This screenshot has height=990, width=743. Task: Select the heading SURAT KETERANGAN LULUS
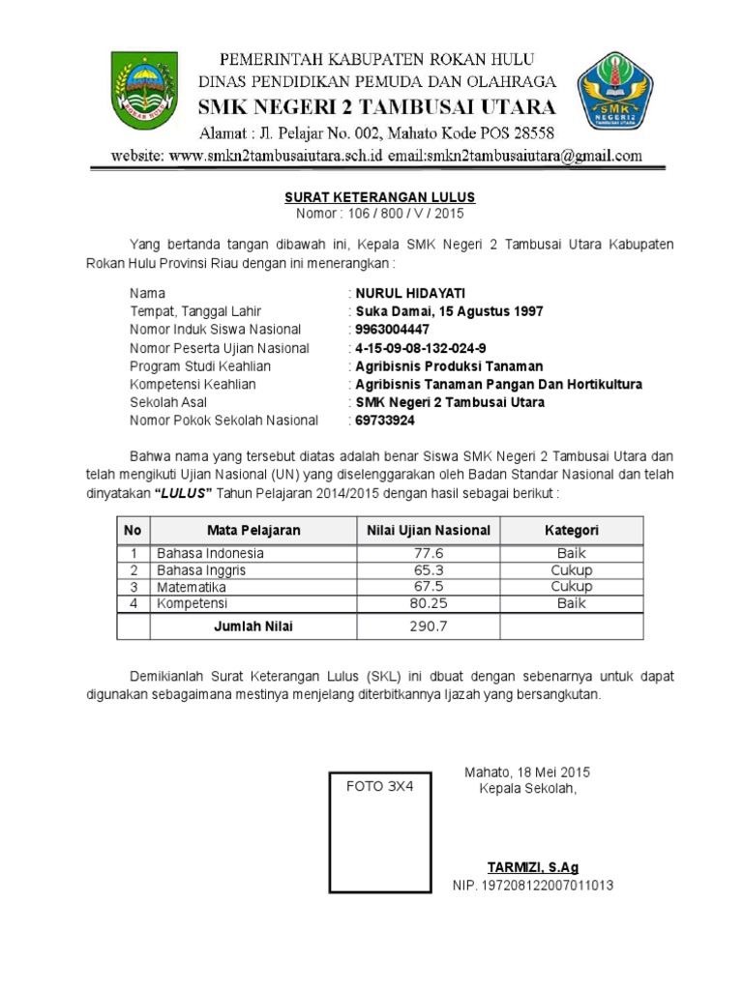[x=379, y=197]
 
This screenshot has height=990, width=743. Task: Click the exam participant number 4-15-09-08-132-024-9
[x=423, y=348]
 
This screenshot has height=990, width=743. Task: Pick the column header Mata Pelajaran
[x=253, y=530]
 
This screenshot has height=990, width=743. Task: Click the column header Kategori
[x=571, y=530]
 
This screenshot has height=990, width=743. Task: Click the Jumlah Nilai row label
[x=253, y=626]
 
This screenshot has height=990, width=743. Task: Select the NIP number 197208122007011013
[x=533, y=886]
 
